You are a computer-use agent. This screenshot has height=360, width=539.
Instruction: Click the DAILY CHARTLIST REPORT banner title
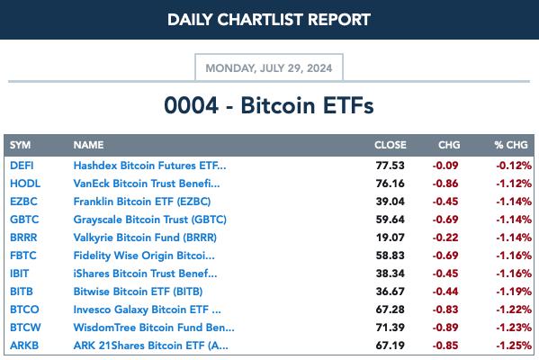269,20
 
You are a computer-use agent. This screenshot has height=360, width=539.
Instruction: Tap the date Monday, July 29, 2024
269,68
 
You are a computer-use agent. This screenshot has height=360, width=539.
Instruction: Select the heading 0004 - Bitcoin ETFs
269,105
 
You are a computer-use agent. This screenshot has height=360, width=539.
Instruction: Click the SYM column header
21,145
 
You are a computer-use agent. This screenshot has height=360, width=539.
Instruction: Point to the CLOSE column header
391,145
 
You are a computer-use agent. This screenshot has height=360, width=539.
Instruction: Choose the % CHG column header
511,145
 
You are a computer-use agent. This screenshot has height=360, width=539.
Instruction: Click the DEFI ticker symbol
22,166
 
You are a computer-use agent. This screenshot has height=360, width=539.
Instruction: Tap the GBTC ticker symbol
24,220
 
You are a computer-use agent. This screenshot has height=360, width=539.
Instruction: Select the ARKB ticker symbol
24,346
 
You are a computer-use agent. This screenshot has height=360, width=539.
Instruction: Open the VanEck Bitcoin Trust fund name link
147,184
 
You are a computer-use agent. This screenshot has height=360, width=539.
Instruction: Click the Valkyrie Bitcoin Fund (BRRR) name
145,238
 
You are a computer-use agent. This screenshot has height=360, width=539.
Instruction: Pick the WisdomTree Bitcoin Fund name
154,328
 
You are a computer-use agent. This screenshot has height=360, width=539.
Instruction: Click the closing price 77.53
391,166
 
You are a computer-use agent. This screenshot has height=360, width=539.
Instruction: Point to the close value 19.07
391,238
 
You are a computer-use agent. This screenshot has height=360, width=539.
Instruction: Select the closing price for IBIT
391,274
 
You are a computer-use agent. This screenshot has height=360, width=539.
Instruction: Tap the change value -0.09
445,166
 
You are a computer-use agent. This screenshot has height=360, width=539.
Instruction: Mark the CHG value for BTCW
445,328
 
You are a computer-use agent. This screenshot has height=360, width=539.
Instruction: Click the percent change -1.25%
514,346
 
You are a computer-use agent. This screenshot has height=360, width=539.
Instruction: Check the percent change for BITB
514,292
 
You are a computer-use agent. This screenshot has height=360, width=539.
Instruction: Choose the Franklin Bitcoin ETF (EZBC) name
142,201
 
